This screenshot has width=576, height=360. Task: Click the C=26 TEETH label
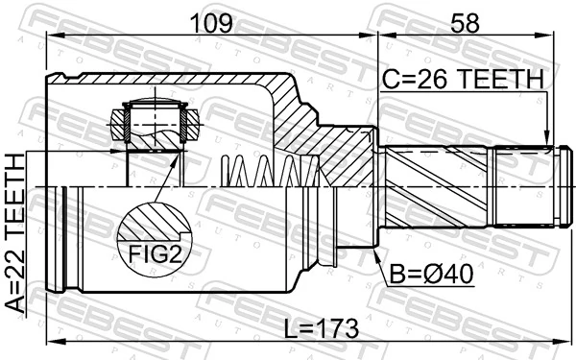(463, 77)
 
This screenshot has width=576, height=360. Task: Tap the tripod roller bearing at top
(152, 123)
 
